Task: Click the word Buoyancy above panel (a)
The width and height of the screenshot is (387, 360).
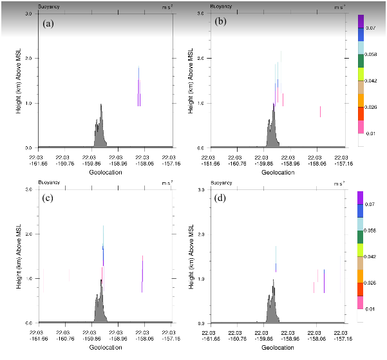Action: point(47,6)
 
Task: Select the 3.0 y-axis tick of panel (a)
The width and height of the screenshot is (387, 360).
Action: point(28,14)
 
